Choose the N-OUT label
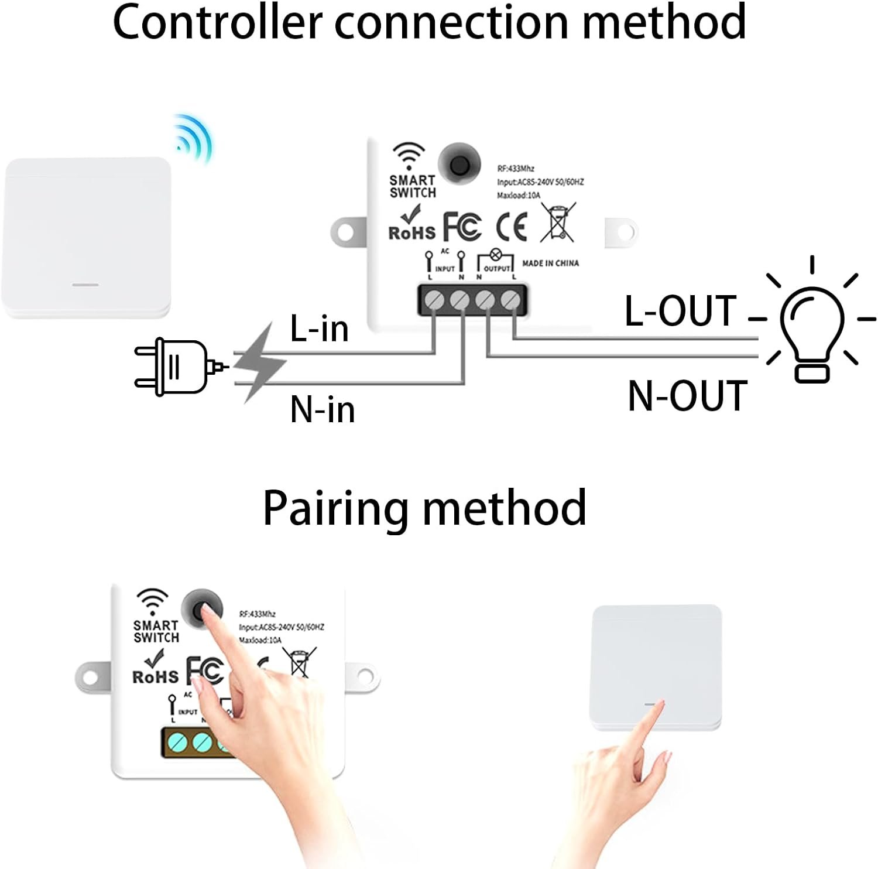688,396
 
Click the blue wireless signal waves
194,138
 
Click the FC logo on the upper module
462,227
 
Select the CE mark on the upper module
512,227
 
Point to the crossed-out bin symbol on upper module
557,223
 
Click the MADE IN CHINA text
550,264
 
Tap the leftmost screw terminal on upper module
434,300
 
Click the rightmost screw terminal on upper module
511,300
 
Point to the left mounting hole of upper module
345,231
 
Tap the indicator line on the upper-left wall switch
85,285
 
